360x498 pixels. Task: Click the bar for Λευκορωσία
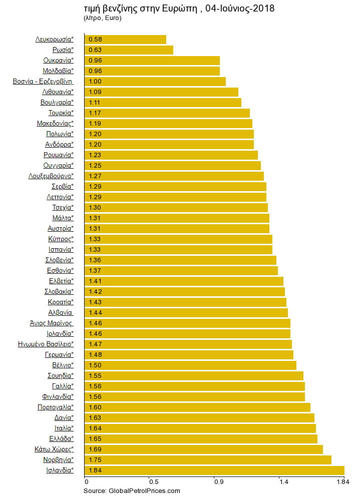pyautogui.click(x=125, y=39)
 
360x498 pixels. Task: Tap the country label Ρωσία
pyautogui.click(x=63, y=50)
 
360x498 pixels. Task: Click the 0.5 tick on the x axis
pyautogui.click(x=150, y=482)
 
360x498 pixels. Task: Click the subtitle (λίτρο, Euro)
pyautogui.click(x=102, y=18)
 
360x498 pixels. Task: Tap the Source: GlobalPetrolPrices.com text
pyautogui.click(x=131, y=491)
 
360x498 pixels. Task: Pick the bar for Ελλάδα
pyautogui.click(x=201, y=438)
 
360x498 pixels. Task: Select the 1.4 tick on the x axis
pyautogui.click(x=283, y=482)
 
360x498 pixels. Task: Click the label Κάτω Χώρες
pyautogui.click(x=54, y=449)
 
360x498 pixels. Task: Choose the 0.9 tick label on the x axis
pyautogui.click(x=218, y=482)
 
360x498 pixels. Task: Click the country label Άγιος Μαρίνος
pyautogui.click(x=52, y=323)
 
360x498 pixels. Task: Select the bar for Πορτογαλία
pyautogui.click(x=197, y=407)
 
